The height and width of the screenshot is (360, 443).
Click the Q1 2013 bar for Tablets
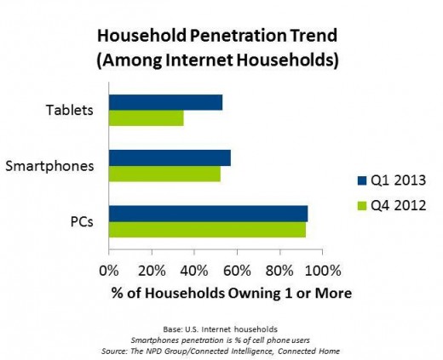(x=165, y=103)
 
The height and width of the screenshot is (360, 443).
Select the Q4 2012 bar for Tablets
(x=146, y=118)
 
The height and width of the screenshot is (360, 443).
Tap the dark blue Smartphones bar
(x=170, y=158)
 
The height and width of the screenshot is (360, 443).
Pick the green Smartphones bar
(x=164, y=174)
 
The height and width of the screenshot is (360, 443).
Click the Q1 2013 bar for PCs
(x=208, y=214)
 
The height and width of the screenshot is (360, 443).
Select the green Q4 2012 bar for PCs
(x=207, y=229)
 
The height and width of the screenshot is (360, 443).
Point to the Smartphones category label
(x=51, y=165)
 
